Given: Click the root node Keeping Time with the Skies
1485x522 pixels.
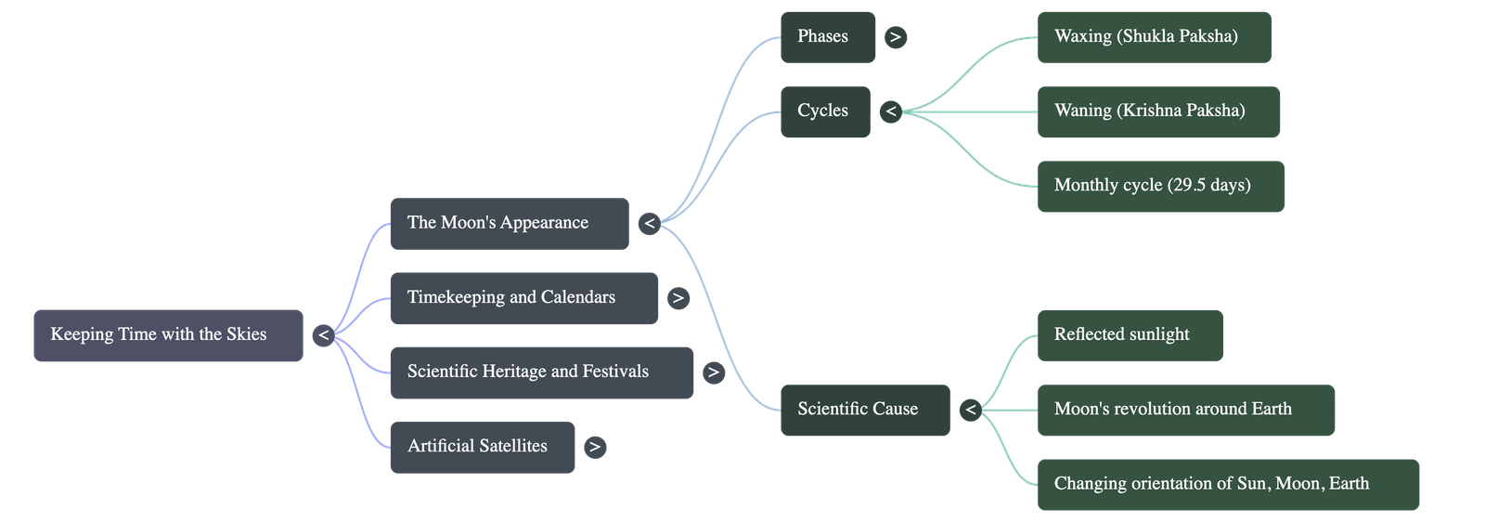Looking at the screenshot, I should pyautogui.click(x=167, y=335).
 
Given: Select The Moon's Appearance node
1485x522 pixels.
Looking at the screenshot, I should pyautogui.click(x=509, y=223).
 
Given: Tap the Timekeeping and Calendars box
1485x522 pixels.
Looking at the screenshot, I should pyautogui.click(x=523, y=298).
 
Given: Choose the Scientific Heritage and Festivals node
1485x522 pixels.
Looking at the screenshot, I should pyautogui.click(x=541, y=372).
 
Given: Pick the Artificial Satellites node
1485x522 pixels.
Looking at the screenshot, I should pyautogui.click(x=482, y=447).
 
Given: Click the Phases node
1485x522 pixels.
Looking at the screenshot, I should pyautogui.click(x=827, y=37).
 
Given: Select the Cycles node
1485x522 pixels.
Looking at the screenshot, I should pyautogui.click(x=824, y=111).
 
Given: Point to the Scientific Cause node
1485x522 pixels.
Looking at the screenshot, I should pyautogui.click(x=864, y=410).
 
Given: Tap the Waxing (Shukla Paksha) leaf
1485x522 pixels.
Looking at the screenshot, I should pyautogui.click(x=1154, y=37).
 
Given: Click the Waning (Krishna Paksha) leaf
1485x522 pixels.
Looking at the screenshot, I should pyautogui.click(x=1158, y=111).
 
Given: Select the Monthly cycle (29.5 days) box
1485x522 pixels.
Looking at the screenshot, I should pyautogui.click(x=1161, y=186).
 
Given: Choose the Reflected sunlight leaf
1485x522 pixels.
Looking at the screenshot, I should pyautogui.click(x=1130, y=335).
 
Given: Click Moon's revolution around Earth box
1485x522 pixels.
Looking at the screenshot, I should pyautogui.click(x=1185, y=410).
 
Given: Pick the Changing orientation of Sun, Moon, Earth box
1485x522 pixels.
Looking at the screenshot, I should pyautogui.click(x=1228, y=484).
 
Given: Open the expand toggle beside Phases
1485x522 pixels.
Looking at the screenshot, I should pyautogui.click(x=895, y=37).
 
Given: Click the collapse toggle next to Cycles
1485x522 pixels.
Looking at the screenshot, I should pyautogui.click(x=891, y=111).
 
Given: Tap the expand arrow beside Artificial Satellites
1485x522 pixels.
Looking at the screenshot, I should pyautogui.click(x=595, y=447).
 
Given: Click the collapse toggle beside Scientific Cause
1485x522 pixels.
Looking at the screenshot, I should pyautogui.click(x=970, y=410).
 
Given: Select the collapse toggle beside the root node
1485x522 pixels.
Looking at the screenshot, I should pyautogui.click(x=323, y=335).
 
